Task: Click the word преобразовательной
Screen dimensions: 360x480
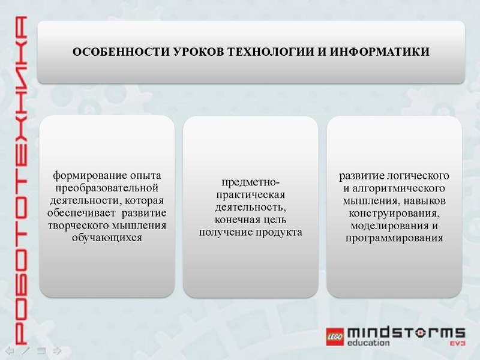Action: coord(107,188)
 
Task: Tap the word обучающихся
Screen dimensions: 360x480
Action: coord(107,238)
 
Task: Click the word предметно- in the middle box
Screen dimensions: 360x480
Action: coord(250,182)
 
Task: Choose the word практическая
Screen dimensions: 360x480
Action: coord(250,195)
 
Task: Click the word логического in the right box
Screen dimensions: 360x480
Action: coord(423,176)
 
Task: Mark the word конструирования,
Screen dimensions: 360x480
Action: coord(394,213)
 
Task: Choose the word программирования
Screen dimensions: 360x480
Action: coord(394,238)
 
